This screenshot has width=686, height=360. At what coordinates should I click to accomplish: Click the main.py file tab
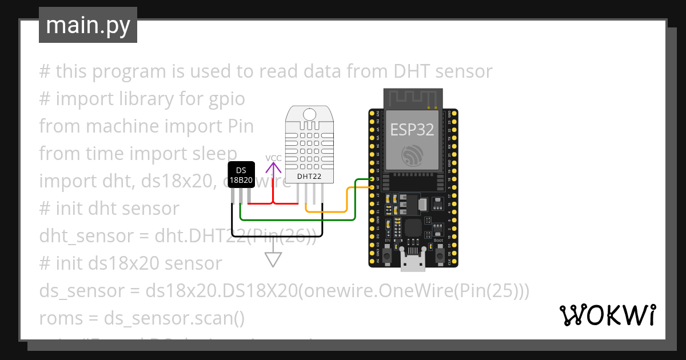tap(87, 25)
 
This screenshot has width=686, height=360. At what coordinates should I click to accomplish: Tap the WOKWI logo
tap(607, 315)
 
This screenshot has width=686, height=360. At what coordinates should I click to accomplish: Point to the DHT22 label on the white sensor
tap(309, 177)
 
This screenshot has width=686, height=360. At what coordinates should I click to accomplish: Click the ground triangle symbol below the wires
tap(273, 259)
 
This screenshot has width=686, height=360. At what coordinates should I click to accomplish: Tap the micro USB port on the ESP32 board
tap(413, 263)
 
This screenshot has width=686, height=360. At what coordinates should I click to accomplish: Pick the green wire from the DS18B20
tap(297, 218)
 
